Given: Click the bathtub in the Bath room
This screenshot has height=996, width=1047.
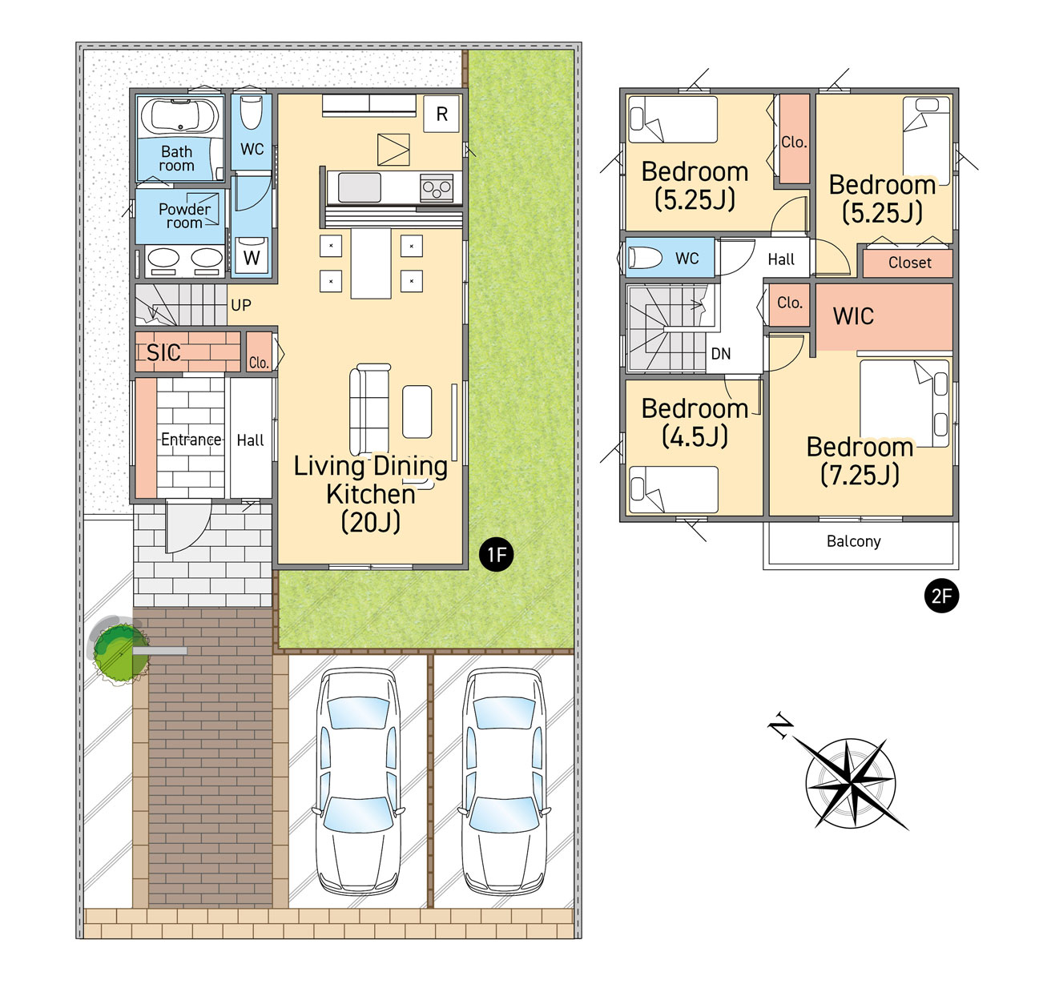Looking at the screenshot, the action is pyautogui.click(x=179, y=115).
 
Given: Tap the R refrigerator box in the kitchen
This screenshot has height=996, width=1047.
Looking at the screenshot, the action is pyautogui.click(x=441, y=114).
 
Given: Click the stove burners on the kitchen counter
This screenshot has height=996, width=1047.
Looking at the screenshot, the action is pyautogui.click(x=436, y=187).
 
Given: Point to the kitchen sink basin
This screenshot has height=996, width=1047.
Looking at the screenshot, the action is pyautogui.click(x=359, y=187).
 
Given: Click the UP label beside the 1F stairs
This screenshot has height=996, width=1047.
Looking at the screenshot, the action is pyautogui.click(x=240, y=305).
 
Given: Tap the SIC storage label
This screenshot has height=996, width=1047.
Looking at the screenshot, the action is pyautogui.click(x=163, y=352).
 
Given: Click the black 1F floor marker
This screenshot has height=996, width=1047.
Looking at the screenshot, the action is pyautogui.click(x=497, y=554).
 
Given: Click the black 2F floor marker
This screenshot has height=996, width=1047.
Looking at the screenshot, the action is pyautogui.click(x=941, y=595).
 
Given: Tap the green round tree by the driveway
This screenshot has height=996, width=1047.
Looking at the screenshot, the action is pyautogui.click(x=120, y=653).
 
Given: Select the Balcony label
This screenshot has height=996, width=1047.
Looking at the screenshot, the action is pyautogui.click(x=853, y=541).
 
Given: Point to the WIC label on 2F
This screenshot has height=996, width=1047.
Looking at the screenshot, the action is pyautogui.click(x=853, y=315).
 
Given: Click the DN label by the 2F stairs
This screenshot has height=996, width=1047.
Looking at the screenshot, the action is pyautogui.click(x=720, y=353).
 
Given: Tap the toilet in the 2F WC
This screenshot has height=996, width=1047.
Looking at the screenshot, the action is pyautogui.click(x=645, y=258).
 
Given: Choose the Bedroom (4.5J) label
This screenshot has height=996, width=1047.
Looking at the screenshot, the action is pyautogui.click(x=695, y=422).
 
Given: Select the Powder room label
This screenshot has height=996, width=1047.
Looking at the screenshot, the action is pyautogui.click(x=184, y=215).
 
